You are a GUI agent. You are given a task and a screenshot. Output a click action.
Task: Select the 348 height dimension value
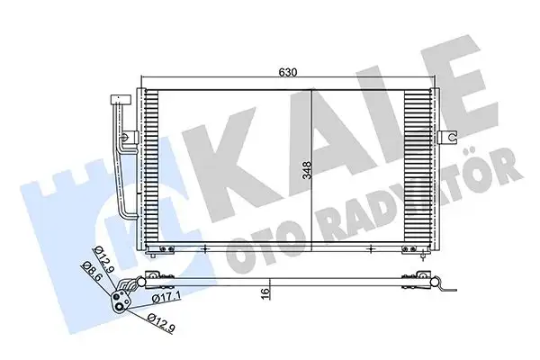[307, 171]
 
